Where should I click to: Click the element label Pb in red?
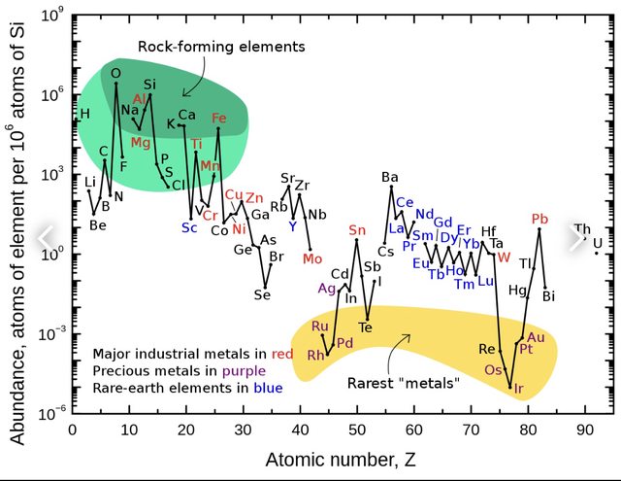(540, 218)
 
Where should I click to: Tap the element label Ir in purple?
(518, 389)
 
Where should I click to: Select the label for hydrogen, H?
(84, 114)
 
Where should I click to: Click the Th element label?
(581, 229)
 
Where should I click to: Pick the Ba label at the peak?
(389, 177)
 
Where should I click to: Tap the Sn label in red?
(357, 229)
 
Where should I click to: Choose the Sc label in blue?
(188, 227)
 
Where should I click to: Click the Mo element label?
(311, 258)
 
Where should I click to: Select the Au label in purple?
(536, 337)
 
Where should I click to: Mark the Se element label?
(262, 294)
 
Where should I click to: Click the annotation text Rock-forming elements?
(221, 46)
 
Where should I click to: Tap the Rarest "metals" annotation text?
(402, 382)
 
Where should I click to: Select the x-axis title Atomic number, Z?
(329, 457)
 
